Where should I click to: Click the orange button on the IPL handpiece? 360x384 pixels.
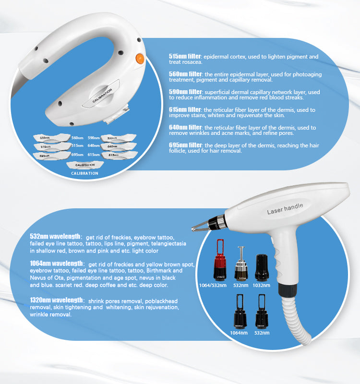(x=140, y=59)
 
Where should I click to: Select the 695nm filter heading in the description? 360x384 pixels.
(x=185, y=145)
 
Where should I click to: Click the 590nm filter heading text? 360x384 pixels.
(x=185, y=92)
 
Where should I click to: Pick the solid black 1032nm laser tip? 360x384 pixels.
(x=261, y=267)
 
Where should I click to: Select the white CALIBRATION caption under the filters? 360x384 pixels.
(x=84, y=173)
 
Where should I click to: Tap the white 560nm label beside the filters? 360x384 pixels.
(x=77, y=137)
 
